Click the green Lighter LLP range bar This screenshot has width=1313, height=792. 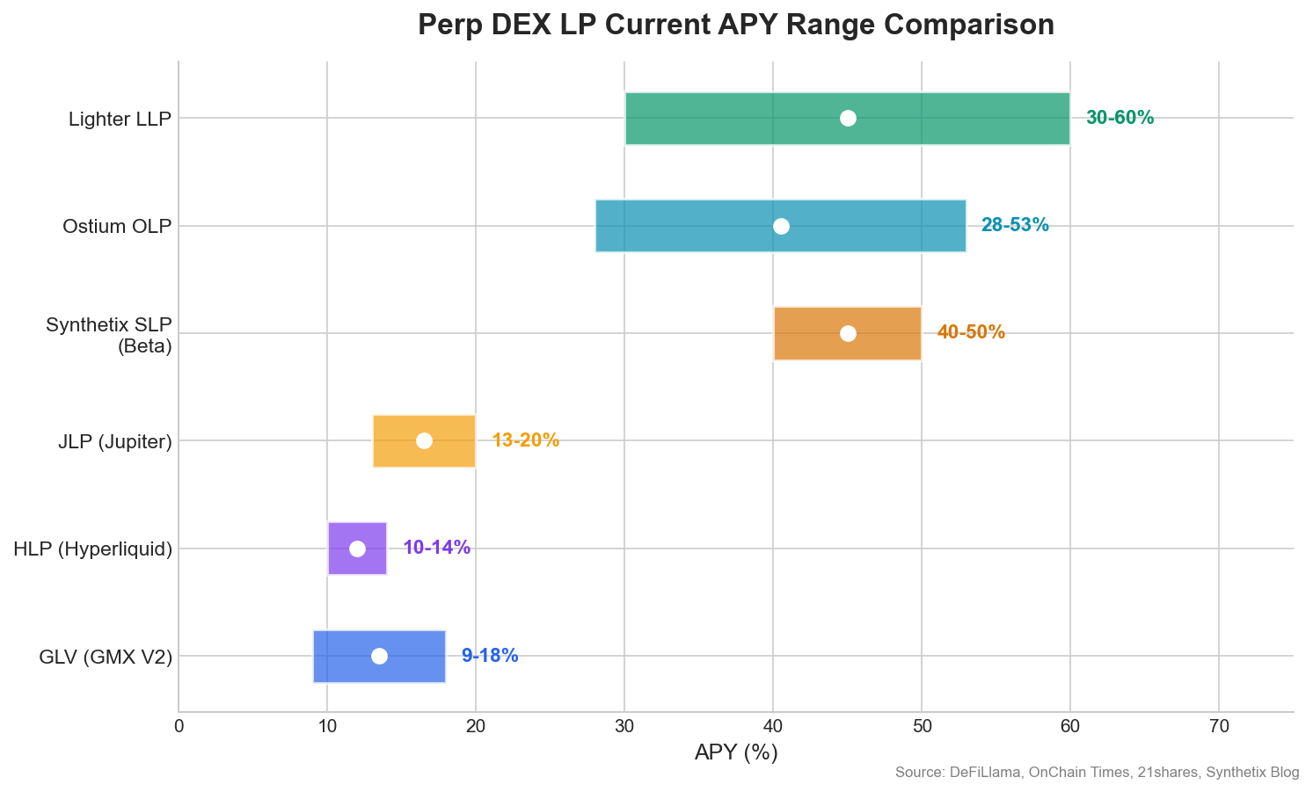847,119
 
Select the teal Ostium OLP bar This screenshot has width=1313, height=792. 781,226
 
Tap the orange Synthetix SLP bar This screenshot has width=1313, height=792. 848,333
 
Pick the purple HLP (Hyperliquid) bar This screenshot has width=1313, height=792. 357,549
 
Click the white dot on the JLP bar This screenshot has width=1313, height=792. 425,441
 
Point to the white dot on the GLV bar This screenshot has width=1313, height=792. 379,656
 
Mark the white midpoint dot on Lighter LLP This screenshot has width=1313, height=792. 848,119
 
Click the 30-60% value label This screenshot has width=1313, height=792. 1120,118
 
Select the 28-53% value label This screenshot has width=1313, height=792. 1015,225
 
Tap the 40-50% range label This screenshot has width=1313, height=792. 971,332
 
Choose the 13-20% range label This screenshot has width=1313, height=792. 525,440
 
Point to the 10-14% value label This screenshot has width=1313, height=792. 437,547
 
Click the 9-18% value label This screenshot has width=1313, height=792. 490,655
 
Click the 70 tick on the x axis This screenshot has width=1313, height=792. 1219,726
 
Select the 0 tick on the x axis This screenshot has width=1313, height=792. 179,726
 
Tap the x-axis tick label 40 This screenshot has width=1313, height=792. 773,726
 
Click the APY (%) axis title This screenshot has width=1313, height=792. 735,752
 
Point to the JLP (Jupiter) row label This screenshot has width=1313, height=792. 115,441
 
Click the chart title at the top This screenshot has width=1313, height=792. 735,25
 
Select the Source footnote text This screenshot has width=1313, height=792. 1097,772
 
